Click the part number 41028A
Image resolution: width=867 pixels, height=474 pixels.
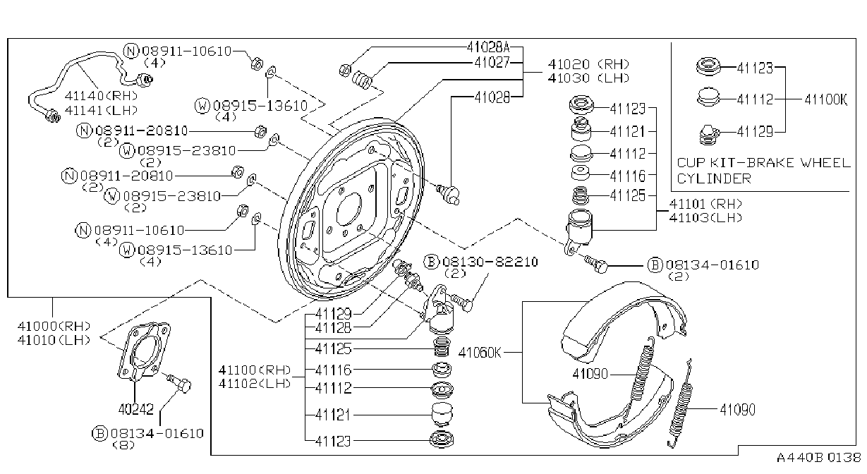tap(488, 47)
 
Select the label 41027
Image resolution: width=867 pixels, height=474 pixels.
tap(492, 62)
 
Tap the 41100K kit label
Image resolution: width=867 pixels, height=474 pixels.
tap(825, 99)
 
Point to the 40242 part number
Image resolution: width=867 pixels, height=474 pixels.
tap(135, 409)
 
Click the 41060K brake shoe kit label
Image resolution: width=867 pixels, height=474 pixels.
tap(480, 353)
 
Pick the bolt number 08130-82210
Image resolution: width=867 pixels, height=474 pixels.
tap(490, 262)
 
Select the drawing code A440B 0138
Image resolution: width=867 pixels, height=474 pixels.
tap(818, 458)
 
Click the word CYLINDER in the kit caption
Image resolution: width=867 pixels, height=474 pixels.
tap(714, 178)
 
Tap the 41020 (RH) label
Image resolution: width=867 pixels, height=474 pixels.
tap(588, 64)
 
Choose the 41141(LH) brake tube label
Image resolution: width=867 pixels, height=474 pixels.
tap(101, 110)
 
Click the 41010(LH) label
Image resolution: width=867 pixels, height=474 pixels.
tap(54, 340)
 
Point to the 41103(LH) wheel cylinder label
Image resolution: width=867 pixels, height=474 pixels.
tap(705, 218)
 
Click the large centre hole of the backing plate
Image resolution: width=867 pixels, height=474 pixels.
tap(349, 209)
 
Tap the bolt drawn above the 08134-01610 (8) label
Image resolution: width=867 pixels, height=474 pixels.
tap(179, 383)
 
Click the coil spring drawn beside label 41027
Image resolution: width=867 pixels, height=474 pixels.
tap(363, 80)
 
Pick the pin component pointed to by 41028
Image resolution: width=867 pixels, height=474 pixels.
tap(448, 194)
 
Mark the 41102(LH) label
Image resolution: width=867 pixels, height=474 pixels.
tap(254, 384)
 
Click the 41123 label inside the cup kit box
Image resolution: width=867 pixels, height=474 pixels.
tap(755, 68)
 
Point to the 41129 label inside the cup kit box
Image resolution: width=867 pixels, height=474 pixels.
tap(755, 132)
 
